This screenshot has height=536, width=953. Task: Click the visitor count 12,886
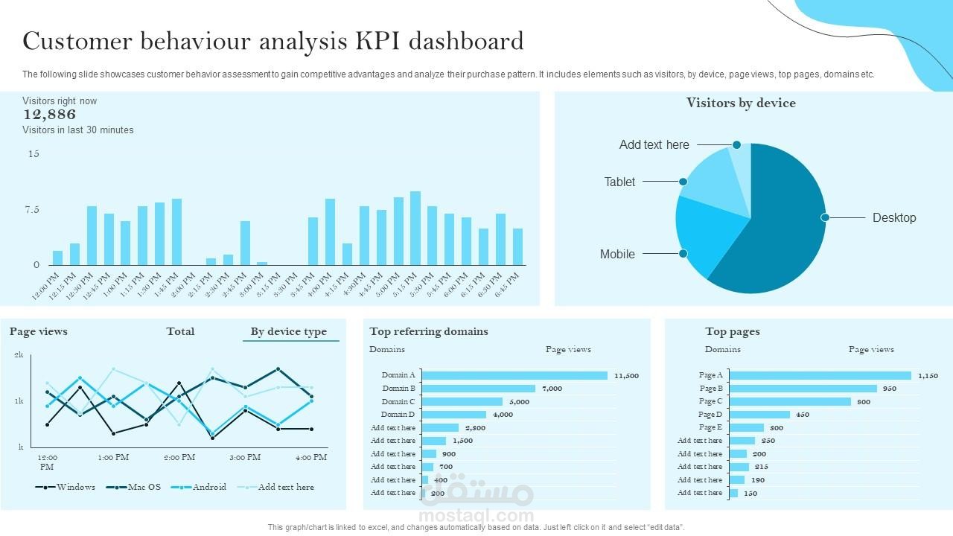point(49,115)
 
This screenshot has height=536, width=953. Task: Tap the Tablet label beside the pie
point(619,182)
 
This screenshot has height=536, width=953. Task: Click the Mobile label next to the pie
point(617,255)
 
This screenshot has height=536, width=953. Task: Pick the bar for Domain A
point(514,375)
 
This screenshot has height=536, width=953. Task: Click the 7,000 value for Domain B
point(552,389)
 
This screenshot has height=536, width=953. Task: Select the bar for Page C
point(790,401)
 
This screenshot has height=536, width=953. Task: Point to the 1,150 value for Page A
point(928,376)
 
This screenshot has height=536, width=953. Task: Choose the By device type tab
point(289,332)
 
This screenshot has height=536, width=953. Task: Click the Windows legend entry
point(75,488)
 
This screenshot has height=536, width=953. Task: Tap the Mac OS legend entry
point(144,488)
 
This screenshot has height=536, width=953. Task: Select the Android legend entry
point(209,488)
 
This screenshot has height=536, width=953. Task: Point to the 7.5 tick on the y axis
point(31,210)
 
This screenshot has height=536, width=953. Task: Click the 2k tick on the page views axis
point(19,356)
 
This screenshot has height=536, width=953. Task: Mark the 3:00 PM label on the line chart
point(244,457)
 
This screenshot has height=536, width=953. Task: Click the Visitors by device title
point(741,103)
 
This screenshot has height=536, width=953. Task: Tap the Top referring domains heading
point(429,332)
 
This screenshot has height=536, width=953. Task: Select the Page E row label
point(710,428)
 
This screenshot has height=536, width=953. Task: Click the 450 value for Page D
point(802,415)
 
